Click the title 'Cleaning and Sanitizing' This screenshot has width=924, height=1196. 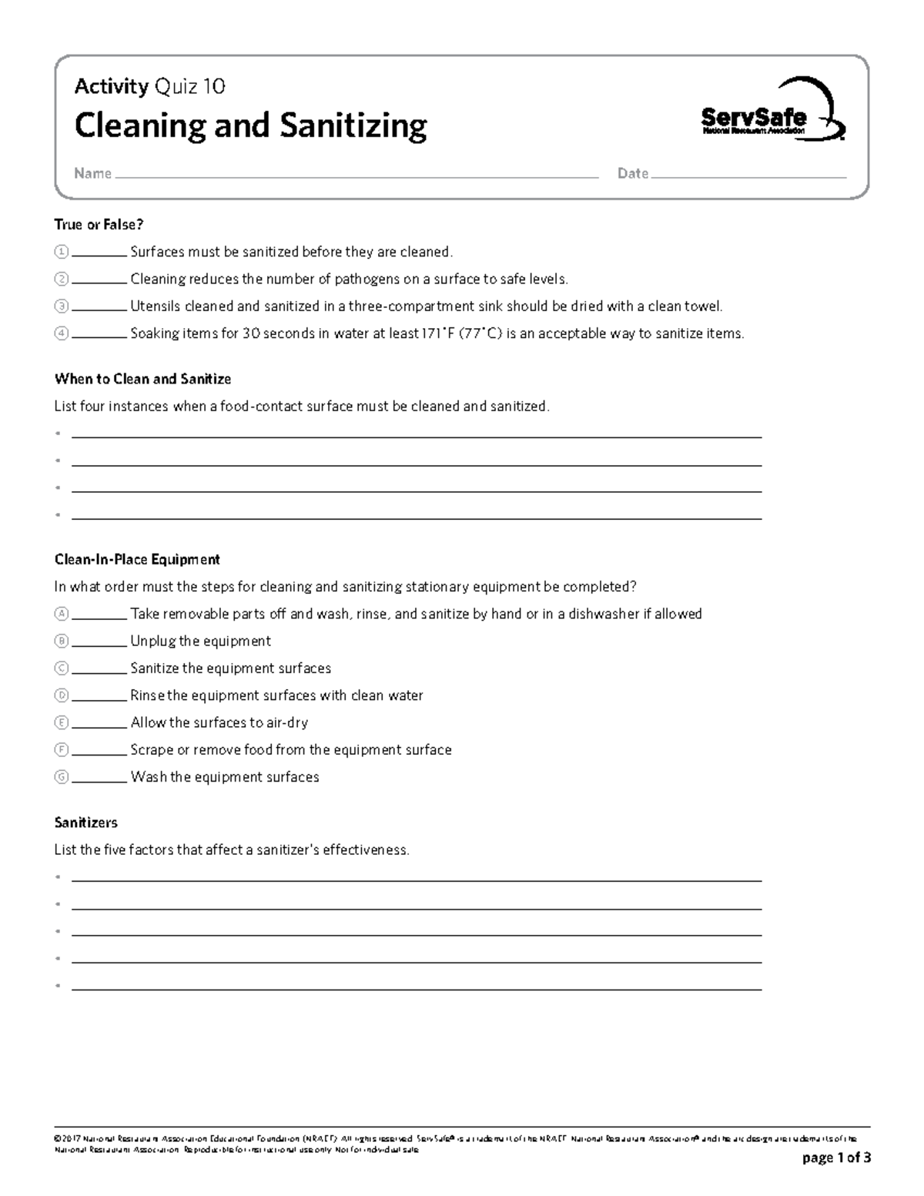coord(250,126)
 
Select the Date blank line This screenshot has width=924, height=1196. coord(748,176)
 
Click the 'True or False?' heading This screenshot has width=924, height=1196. coord(99,225)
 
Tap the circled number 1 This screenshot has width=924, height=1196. coord(62,253)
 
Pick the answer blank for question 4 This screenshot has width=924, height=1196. coord(99,337)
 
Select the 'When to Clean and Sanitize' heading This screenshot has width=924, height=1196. coord(142,379)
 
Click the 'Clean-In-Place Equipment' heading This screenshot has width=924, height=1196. coord(137,560)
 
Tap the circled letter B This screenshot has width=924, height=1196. coord(62,642)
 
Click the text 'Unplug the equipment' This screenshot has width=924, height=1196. coord(200,642)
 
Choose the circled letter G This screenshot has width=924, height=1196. coord(62,777)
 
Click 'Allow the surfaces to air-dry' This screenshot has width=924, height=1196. coord(219,723)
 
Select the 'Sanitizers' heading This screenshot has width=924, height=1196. coord(85,823)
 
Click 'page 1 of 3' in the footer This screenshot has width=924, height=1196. coord(836,1158)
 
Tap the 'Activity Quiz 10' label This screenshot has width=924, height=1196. coord(150,86)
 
